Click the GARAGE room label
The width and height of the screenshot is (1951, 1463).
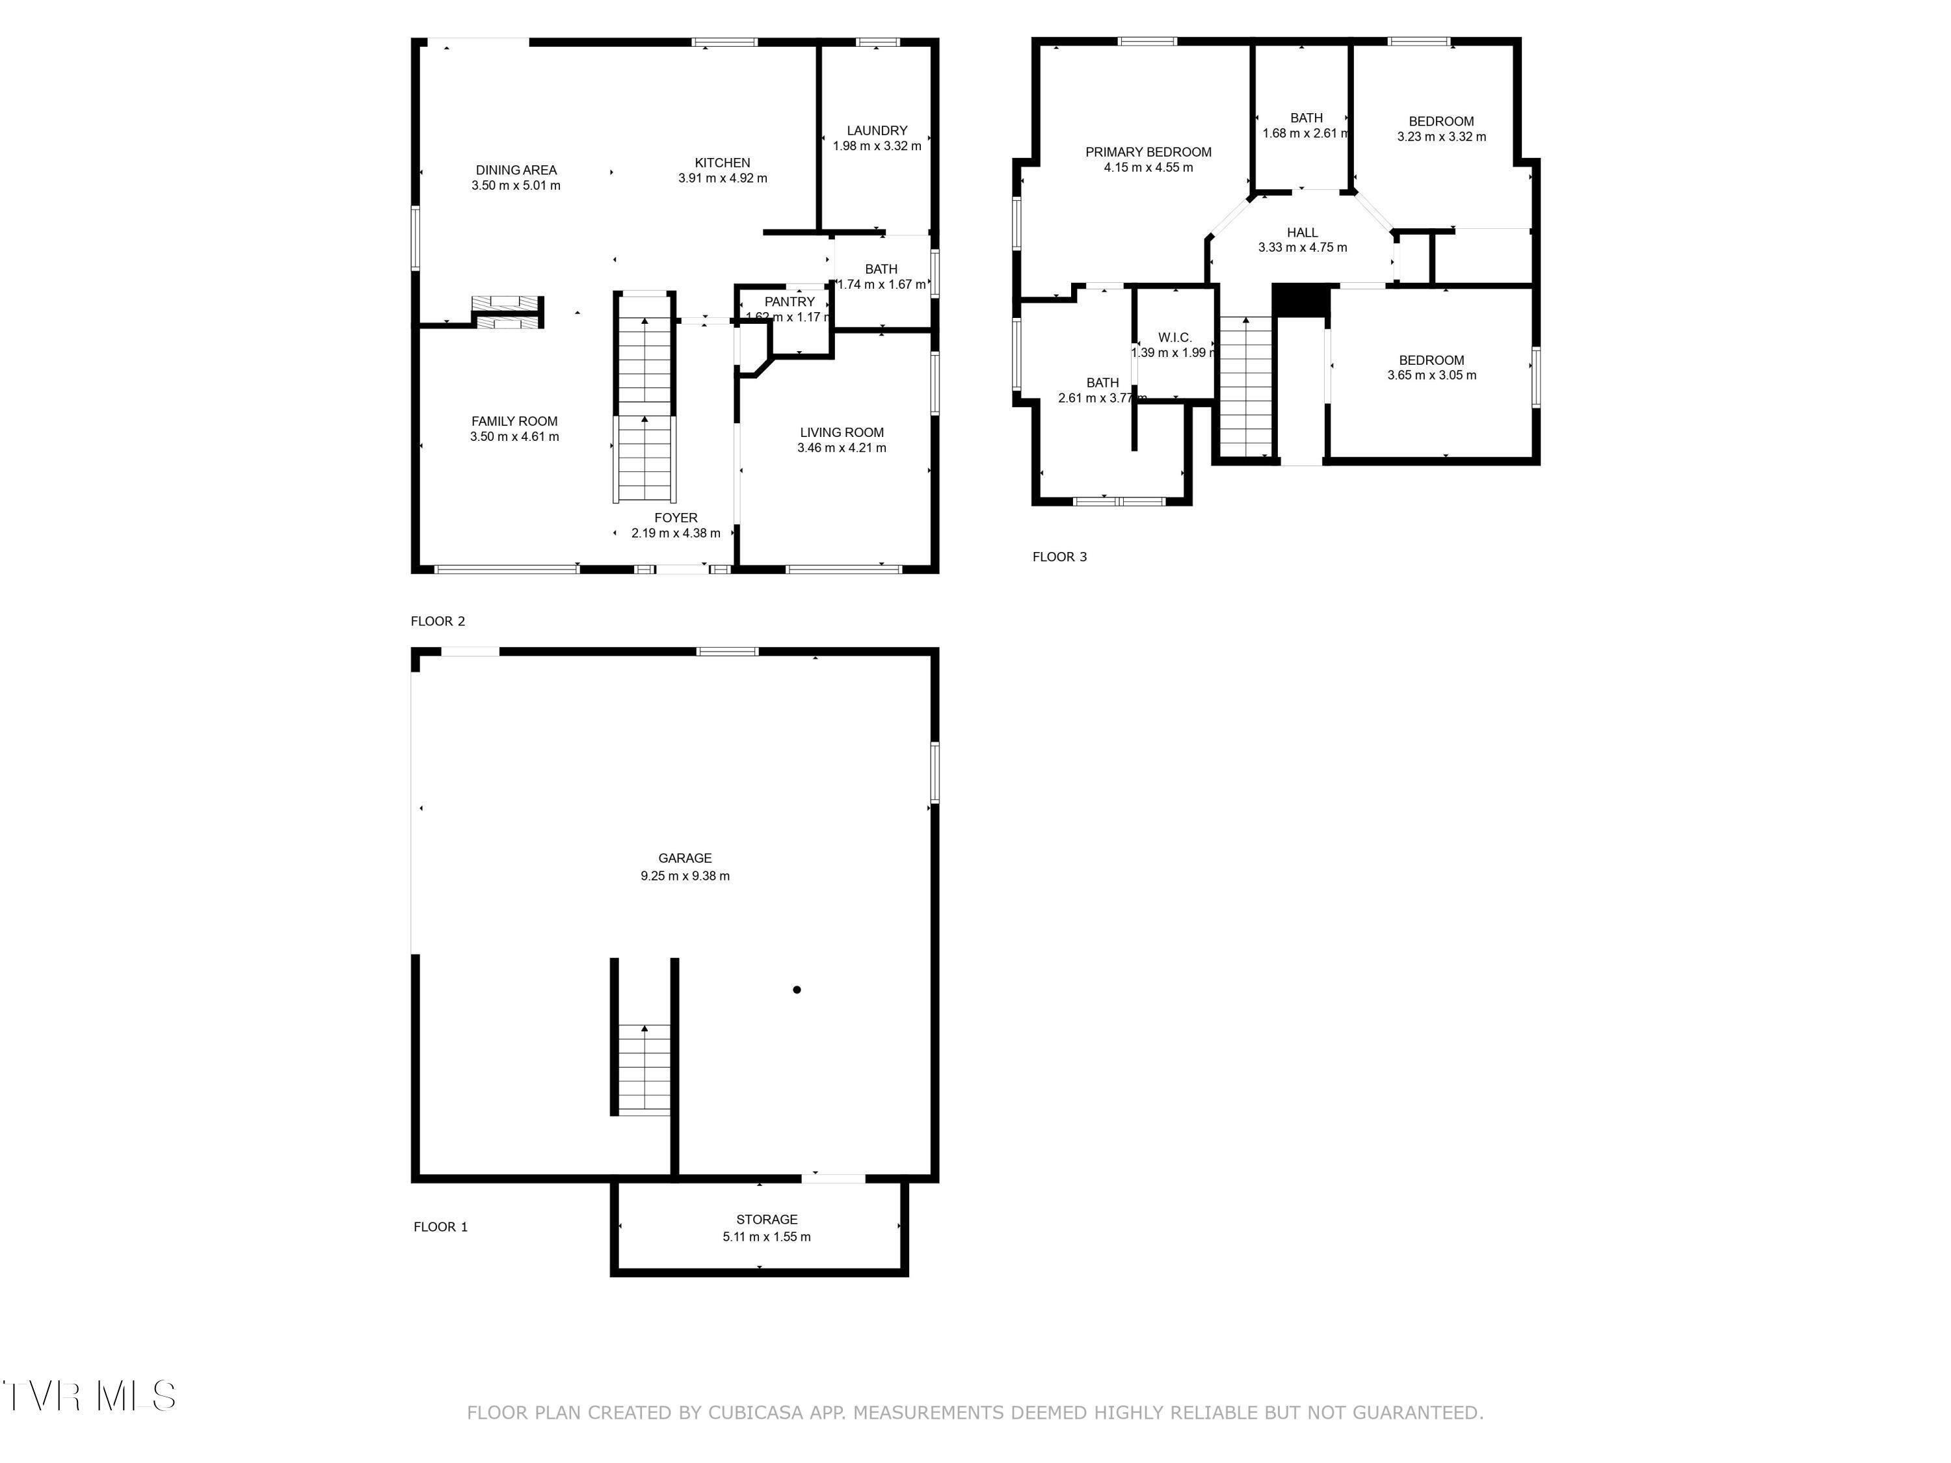pyautogui.click(x=684, y=858)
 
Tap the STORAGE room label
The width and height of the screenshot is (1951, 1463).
pyautogui.click(x=767, y=1220)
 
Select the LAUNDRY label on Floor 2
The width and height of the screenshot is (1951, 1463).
pyautogui.click(x=877, y=131)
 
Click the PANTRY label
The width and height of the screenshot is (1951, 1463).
pyautogui.click(x=790, y=302)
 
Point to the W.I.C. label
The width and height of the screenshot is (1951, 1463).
pyautogui.click(x=1175, y=337)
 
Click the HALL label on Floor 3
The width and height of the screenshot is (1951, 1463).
pyautogui.click(x=1302, y=233)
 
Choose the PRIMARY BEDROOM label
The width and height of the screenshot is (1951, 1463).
pyautogui.click(x=1148, y=152)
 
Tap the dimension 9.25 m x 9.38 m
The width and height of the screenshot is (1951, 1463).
pyautogui.click(x=684, y=876)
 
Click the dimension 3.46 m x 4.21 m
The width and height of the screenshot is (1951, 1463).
pyautogui.click(x=842, y=448)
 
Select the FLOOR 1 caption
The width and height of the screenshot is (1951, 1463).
pyautogui.click(x=440, y=1227)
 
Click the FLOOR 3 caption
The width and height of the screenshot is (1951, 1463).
pyautogui.click(x=1059, y=557)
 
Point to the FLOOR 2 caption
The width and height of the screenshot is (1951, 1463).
pyautogui.click(x=438, y=621)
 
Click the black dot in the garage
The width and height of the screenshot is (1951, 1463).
pyautogui.click(x=797, y=990)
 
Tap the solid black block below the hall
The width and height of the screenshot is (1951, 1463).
pyautogui.click(x=1301, y=300)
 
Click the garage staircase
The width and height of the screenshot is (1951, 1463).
pyautogui.click(x=644, y=1069)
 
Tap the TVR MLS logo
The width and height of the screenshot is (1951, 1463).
pyautogui.click(x=88, y=1396)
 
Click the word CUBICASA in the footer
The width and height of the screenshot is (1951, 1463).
pyautogui.click(x=756, y=1414)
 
